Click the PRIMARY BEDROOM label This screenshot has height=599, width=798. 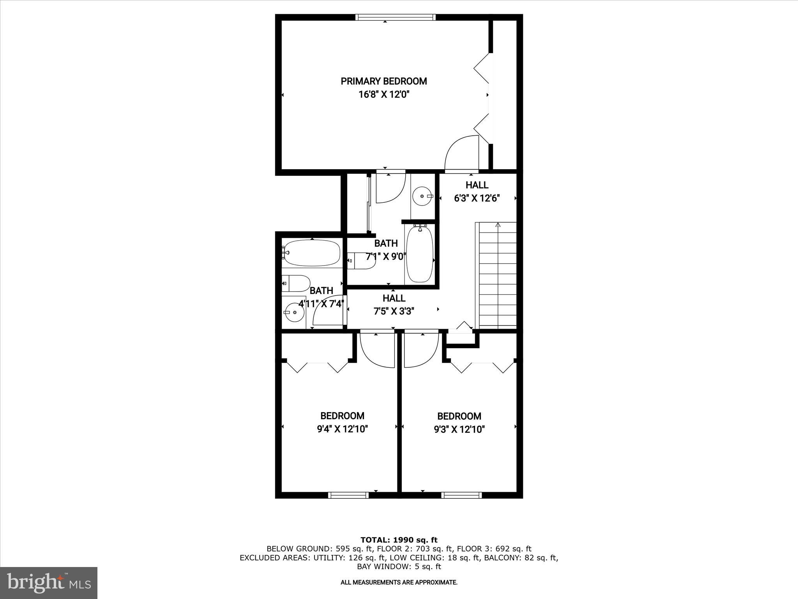(384, 81)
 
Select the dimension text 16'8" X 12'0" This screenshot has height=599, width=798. (384, 94)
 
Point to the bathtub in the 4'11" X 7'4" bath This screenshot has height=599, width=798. (312, 253)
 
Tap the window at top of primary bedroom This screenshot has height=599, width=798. (395, 17)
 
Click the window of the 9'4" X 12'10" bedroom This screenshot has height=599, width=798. (348, 495)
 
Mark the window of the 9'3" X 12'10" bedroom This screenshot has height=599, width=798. (461, 495)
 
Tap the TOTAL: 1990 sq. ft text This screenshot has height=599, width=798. (399, 540)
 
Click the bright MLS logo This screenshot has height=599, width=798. (49, 583)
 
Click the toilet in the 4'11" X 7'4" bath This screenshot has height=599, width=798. (296, 283)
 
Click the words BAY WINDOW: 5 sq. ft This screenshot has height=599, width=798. (399, 566)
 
